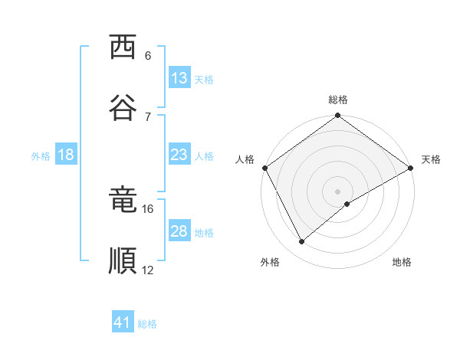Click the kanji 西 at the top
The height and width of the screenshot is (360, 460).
[123, 47]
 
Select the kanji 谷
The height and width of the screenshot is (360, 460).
[123, 107]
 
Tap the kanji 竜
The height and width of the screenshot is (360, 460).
[123, 201]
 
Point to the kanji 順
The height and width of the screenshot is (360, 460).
[123, 260]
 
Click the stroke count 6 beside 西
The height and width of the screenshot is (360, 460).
[148, 56]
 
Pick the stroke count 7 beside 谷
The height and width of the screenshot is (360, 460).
[148, 116]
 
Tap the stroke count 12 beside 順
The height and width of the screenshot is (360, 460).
[148, 270]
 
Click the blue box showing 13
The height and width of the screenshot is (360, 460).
[179, 78]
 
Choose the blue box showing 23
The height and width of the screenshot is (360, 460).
[179, 155]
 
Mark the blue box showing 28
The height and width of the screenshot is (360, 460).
[179, 231]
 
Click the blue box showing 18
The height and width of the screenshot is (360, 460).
[66, 155]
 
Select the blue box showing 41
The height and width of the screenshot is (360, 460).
[123, 322]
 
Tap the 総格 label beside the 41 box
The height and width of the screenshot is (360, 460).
[147, 324]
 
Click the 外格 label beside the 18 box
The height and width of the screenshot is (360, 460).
[41, 156]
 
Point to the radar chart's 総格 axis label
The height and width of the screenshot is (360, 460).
[338, 100]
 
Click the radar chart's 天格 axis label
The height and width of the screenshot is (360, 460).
[432, 159]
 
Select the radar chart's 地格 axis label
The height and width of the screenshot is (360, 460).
[402, 262]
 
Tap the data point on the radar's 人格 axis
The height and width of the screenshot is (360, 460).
[264, 168]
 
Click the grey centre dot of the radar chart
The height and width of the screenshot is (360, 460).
[338, 191]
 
